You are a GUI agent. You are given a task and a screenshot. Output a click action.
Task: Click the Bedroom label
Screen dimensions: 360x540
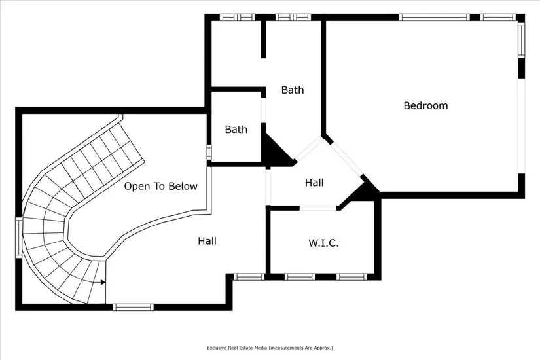pyautogui.click(x=425, y=105)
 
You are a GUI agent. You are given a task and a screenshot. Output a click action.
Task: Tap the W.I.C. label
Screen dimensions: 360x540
pyautogui.click(x=323, y=243)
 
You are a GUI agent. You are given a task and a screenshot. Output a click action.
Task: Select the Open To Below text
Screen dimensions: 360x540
pyautogui.click(x=161, y=187)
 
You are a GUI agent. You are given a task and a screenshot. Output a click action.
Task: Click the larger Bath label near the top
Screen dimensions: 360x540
pyautogui.click(x=292, y=90)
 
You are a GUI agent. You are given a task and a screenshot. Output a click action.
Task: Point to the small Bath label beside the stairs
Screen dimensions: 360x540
pyautogui.click(x=236, y=130)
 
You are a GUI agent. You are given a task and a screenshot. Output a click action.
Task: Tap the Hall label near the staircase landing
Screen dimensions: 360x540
pyautogui.click(x=207, y=242)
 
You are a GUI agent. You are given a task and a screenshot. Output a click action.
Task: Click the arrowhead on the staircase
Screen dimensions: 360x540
pyautogui.click(x=103, y=283)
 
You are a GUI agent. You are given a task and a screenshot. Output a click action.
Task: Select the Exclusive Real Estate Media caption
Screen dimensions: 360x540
pyautogui.click(x=270, y=348)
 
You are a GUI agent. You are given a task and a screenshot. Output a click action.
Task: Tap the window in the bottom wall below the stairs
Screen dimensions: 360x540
pyautogui.click(x=133, y=306)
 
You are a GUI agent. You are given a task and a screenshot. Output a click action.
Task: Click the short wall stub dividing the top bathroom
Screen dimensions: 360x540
pyautogui.click(x=264, y=39)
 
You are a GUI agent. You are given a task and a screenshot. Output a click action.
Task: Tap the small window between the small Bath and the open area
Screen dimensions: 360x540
pyautogui.click(x=209, y=152)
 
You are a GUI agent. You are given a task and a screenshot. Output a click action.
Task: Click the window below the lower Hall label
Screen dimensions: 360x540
pyautogui.click(x=248, y=277)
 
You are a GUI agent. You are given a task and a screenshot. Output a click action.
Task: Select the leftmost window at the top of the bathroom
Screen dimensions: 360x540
pyautogui.click(x=236, y=17)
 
